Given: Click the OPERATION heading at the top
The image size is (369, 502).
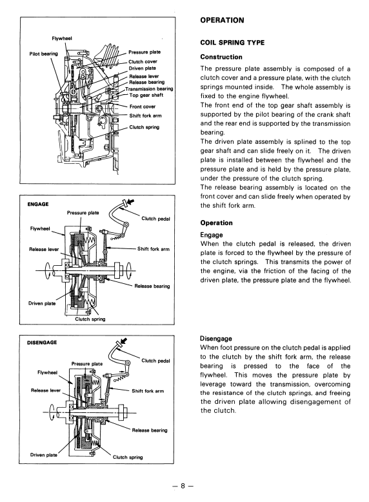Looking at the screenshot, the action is (222, 20).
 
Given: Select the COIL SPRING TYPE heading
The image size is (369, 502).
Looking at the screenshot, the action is (232, 43).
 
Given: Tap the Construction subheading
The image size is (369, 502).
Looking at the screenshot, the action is (221, 57).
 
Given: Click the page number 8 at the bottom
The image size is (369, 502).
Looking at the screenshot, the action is (183, 486).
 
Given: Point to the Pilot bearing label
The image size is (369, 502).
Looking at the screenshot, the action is (43, 54).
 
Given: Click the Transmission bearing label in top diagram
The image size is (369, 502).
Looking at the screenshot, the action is (149, 88).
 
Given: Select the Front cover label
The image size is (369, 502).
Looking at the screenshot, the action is (143, 106).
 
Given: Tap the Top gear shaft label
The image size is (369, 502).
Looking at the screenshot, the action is (146, 95).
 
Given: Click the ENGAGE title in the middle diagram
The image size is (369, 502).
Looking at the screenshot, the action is (38, 205).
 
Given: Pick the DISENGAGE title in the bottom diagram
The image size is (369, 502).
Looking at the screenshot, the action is (42, 343).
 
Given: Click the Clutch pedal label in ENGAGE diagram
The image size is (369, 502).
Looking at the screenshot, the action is (156, 219).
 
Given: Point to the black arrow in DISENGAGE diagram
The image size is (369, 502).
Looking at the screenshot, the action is (123, 341).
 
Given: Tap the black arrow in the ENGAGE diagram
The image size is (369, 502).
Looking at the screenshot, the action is (130, 202).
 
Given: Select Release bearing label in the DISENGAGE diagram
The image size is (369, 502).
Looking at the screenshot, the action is (150, 430).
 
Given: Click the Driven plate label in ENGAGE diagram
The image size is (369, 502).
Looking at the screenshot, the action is (42, 303).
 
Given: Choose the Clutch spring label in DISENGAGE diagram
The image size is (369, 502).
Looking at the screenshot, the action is (128, 457).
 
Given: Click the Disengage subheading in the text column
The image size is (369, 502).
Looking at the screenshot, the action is (216, 339).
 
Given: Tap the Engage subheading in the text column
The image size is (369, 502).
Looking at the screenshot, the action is (212, 235).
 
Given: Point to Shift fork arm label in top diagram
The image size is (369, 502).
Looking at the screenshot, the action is (145, 115).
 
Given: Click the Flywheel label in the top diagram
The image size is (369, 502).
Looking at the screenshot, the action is (62, 39).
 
